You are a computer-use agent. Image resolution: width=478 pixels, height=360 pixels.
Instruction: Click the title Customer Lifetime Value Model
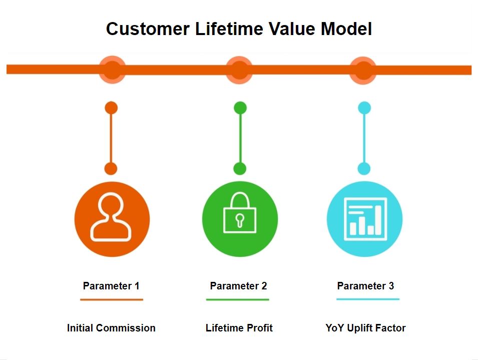[239, 29]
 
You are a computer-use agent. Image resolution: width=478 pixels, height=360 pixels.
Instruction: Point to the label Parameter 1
[111, 286]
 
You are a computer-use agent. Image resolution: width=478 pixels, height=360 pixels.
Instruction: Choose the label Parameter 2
[238, 286]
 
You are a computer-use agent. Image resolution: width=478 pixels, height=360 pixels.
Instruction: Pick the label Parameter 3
[365, 286]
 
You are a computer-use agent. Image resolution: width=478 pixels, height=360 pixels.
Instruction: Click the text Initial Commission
[111, 328]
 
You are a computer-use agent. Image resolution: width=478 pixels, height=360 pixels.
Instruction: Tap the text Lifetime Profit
[239, 328]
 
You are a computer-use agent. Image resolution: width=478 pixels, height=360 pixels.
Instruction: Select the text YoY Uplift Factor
[365, 328]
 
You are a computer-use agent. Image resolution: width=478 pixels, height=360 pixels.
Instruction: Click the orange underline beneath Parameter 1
[112, 299]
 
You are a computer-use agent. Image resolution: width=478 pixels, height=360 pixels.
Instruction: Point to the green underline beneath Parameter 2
[238, 299]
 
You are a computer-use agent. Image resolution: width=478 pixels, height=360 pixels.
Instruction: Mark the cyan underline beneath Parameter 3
[368, 299]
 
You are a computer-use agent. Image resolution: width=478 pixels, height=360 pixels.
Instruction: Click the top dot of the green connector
[240, 108]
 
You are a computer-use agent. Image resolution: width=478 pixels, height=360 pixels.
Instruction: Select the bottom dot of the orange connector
[111, 169]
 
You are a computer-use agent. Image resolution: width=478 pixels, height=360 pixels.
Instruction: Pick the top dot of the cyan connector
[364, 108]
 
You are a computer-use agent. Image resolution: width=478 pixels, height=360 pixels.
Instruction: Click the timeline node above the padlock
[239, 70]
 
